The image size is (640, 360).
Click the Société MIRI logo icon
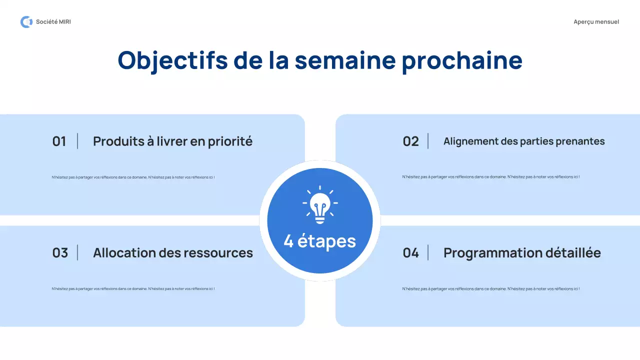tap(26, 22)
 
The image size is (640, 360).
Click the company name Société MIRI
tap(53, 22)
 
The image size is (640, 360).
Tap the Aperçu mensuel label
tap(596, 22)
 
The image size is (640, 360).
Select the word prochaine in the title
tap(462, 60)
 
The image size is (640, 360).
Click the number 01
tap(59, 141)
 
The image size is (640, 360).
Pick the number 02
tap(410, 141)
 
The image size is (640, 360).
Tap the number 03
tap(59, 253)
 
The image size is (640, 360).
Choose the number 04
tap(410, 253)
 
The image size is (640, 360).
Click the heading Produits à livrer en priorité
tap(172, 141)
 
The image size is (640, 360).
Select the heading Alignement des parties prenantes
tap(524, 141)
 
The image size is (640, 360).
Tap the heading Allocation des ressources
tap(173, 253)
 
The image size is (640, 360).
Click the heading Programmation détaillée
tap(522, 253)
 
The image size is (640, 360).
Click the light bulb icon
tap(320, 204)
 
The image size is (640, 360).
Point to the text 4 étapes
tap(320, 241)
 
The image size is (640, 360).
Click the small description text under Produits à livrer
tap(133, 177)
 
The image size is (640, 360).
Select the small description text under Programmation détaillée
tap(491, 288)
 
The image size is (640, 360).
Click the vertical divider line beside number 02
tap(428, 141)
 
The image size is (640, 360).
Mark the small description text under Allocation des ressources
tap(133, 288)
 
